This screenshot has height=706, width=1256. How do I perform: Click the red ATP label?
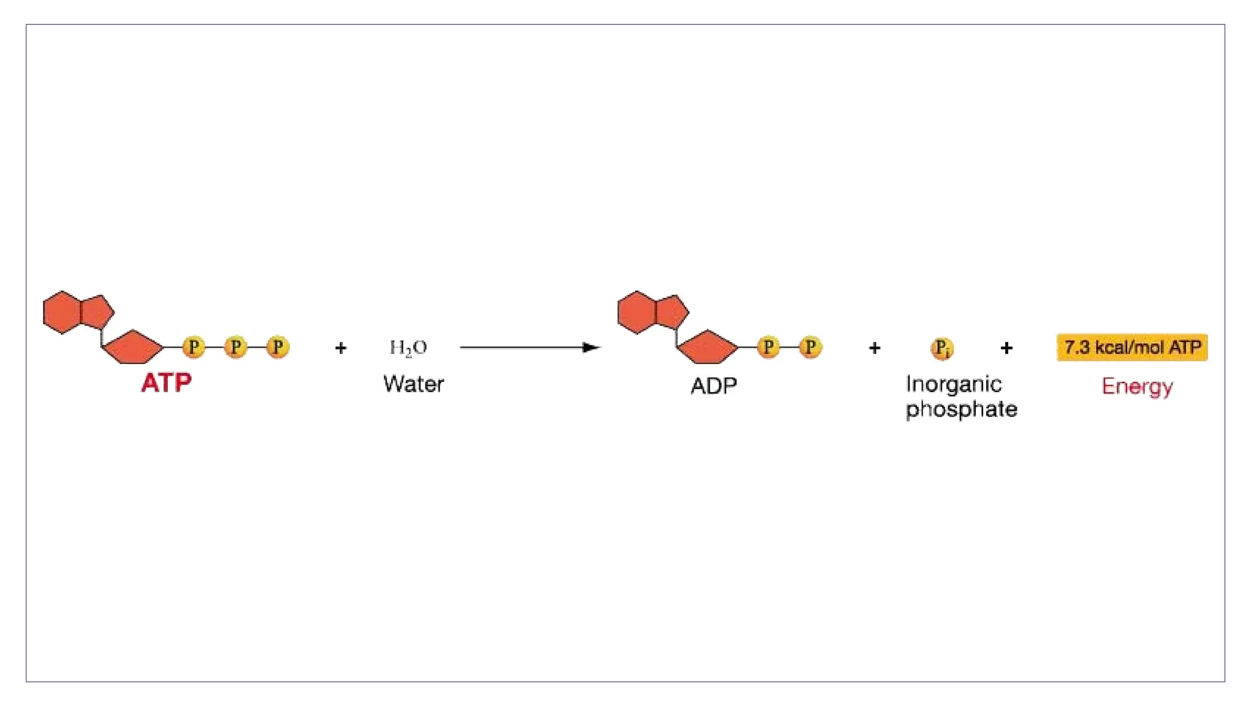pos(166,383)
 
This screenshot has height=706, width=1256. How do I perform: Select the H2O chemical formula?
pos(408,347)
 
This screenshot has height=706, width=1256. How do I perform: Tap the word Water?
pos(413,384)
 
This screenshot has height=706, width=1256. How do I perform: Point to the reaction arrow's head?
pos(591,347)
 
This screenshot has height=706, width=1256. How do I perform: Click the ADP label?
pos(713,385)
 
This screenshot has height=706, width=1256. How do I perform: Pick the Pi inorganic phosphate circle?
pos(941,348)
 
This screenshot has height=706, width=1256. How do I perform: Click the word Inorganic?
pos(954,384)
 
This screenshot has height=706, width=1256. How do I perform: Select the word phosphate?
pos(961,409)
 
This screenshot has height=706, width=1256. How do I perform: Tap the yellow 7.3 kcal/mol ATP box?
pos(1132,347)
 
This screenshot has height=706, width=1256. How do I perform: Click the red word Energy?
pos(1137,386)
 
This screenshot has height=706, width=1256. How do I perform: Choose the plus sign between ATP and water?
pos(341,348)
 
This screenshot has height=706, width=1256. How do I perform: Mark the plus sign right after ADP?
pos(875,348)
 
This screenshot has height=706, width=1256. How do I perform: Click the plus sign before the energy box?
pos(1006,348)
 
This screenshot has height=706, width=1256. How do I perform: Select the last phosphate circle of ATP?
pos(278,347)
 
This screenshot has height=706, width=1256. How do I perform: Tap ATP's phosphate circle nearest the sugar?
pos(194,347)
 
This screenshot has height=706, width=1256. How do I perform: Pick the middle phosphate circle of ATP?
pos(235,347)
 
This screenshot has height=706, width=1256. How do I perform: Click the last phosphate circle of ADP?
pos(810,347)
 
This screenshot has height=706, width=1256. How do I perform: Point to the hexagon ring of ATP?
pos(62,313)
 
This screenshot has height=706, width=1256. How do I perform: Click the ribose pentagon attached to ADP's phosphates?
pos(708,348)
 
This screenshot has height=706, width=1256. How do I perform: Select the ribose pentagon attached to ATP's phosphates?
pos(133,348)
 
